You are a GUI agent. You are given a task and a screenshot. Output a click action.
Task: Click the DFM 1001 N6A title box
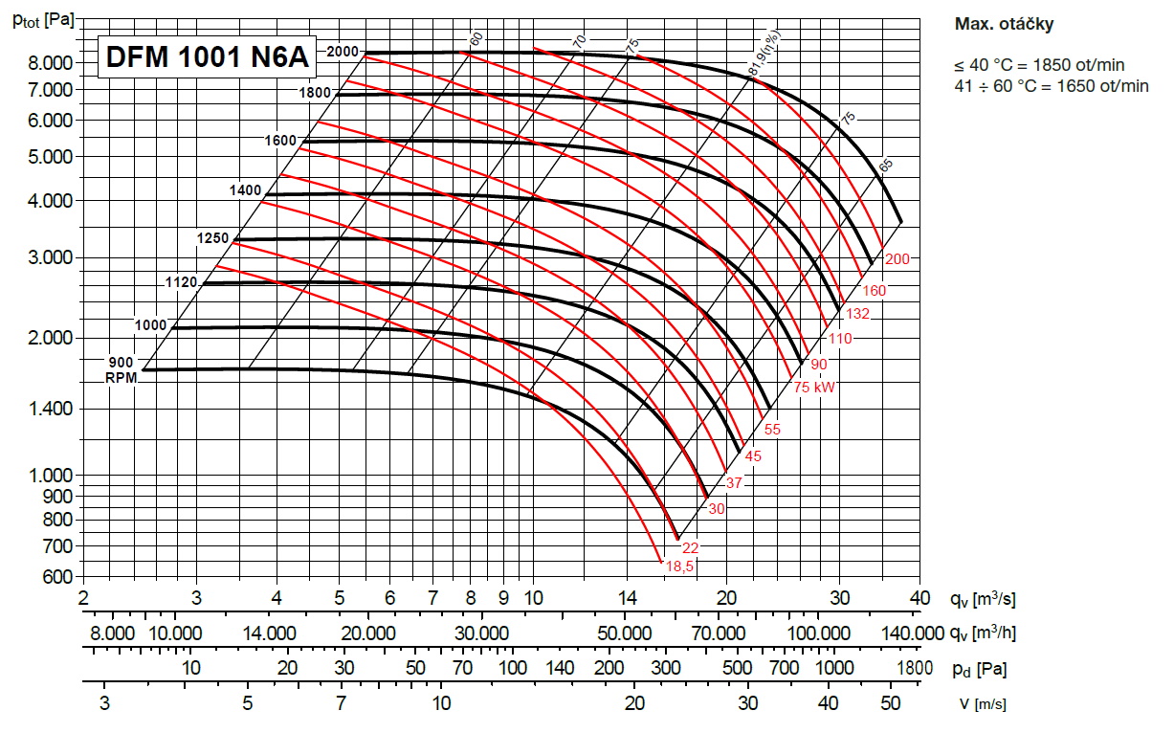click(207, 57)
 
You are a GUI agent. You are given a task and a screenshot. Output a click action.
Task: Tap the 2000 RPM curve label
click(343, 52)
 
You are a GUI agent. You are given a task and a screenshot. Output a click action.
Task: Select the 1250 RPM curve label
click(213, 238)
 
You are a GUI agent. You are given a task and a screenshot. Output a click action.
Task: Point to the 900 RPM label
click(122, 363)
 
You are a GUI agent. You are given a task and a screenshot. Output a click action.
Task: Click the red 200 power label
click(897, 259)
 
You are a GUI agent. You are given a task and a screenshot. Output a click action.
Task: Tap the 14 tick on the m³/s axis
click(627, 598)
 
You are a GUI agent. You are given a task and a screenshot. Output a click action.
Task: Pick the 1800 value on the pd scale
click(915, 668)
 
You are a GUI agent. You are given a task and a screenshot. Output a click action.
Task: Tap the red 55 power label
click(772, 430)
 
